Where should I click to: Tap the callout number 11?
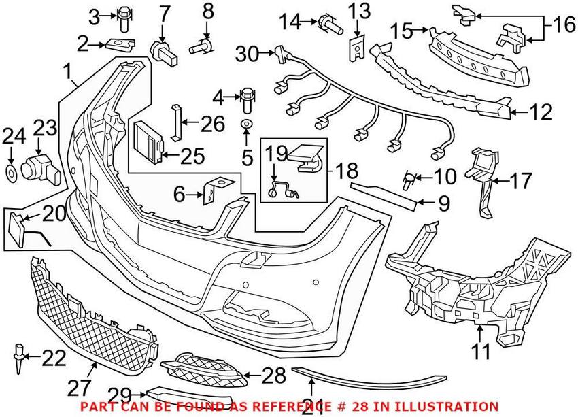(x=480, y=352)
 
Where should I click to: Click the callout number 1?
(x=67, y=70)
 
